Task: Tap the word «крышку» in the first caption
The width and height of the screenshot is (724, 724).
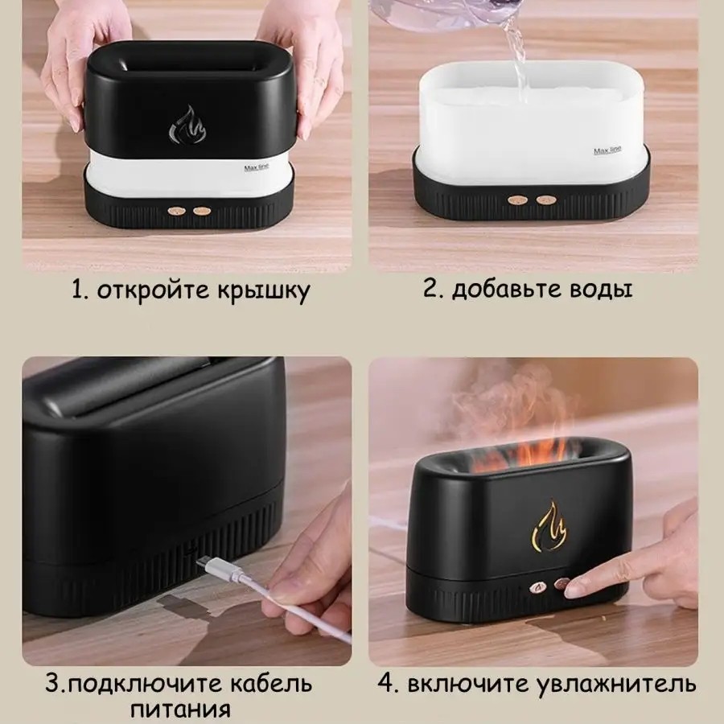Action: (x=264, y=292)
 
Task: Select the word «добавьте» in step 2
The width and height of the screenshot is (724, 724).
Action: (x=507, y=290)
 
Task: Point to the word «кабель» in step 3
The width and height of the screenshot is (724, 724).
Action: (x=270, y=683)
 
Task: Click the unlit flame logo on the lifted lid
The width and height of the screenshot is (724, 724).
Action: (x=187, y=124)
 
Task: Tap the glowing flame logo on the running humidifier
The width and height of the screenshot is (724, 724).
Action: (x=549, y=526)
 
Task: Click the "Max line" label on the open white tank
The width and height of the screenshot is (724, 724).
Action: (x=607, y=150)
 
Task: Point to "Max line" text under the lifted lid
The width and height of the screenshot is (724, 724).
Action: (x=257, y=167)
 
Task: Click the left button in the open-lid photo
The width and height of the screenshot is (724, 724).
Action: (x=177, y=211)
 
